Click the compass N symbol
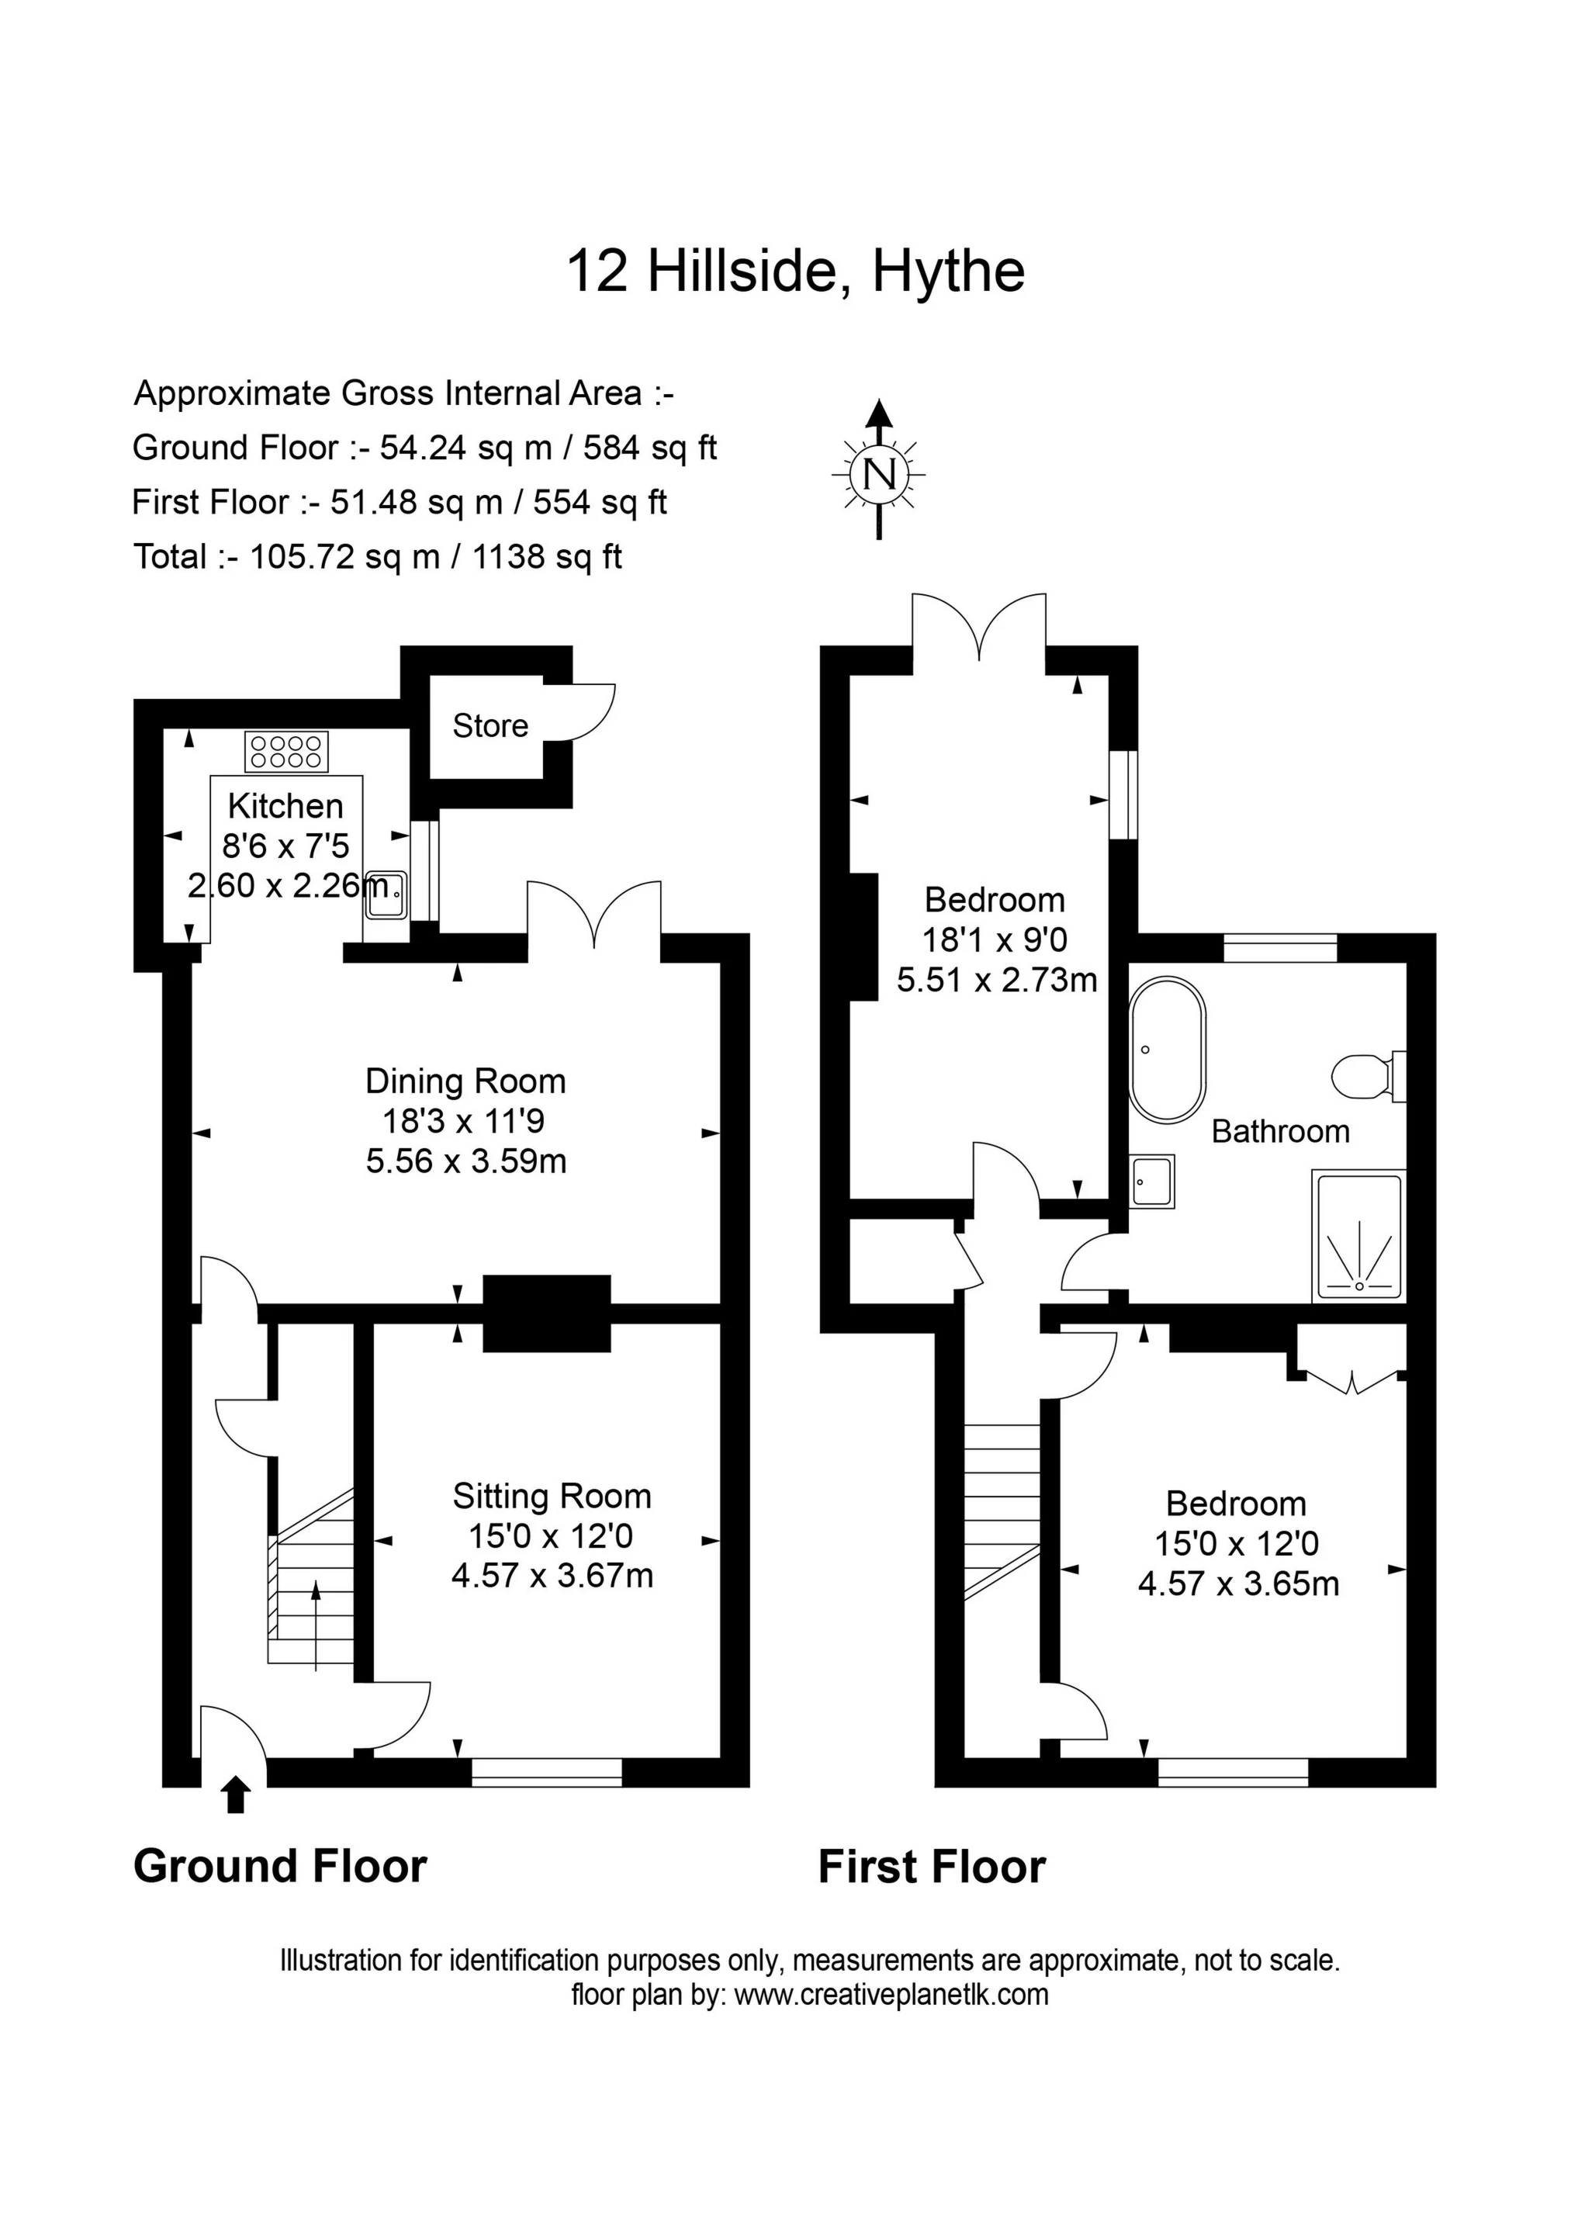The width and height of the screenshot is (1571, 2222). [x=878, y=474]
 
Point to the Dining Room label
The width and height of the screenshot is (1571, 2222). [x=465, y=1080]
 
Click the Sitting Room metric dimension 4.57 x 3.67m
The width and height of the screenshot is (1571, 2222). [x=552, y=1576]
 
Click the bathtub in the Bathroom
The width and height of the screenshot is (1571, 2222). [x=1168, y=1049]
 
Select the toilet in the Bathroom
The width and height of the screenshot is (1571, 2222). [x=1368, y=1075]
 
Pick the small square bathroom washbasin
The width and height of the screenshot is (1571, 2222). [x=1152, y=1181]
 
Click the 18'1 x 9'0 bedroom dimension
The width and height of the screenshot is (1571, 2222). [x=995, y=940]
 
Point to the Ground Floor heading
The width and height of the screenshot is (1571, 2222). [x=280, y=1867]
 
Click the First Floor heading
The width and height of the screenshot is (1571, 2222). [x=933, y=1867]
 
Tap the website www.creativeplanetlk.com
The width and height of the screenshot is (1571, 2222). [x=891, y=1995]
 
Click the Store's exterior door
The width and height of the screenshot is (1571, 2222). [x=579, y=712]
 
